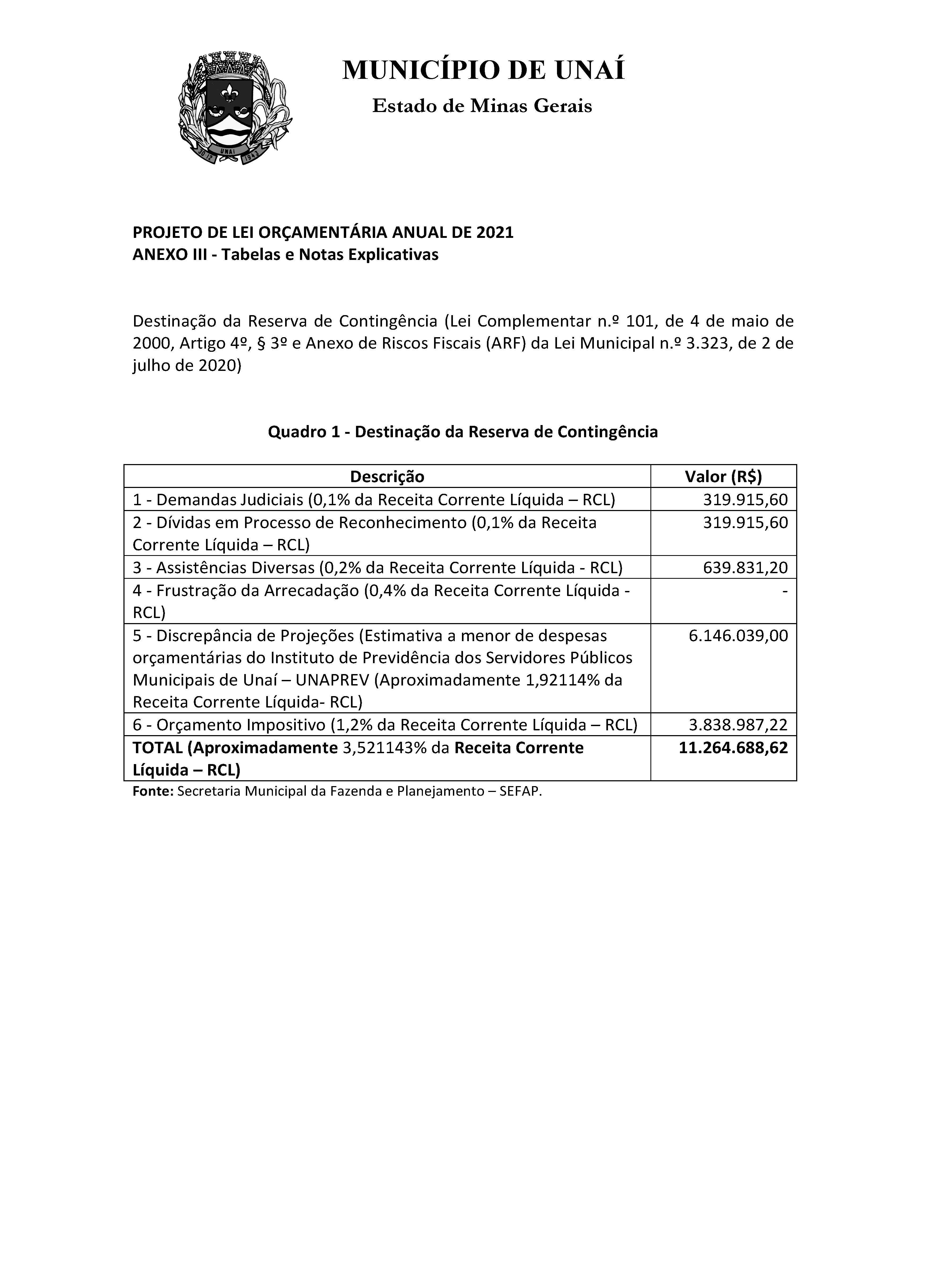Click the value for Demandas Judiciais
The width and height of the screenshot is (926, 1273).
[745, 500]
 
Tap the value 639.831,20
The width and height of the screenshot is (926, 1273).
[745, 567]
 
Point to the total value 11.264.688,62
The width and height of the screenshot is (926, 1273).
[733, 748]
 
